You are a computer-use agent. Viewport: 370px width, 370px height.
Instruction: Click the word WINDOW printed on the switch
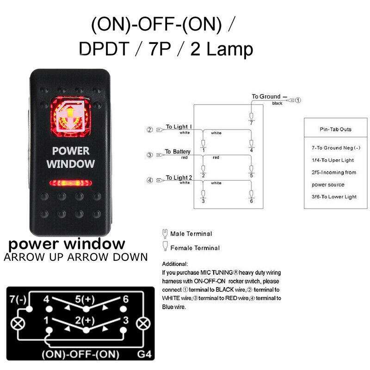tap(70, 163)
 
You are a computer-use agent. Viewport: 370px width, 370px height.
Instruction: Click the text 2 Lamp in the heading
tap(222, 49)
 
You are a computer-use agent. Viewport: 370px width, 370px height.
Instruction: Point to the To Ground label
tap(266, 97)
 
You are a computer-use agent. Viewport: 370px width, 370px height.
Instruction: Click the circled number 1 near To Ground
tap(298, 100)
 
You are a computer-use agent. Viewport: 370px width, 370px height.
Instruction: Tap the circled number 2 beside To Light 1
tap(149, 130)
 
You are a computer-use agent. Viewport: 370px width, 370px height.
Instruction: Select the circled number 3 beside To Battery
tap(149, 155)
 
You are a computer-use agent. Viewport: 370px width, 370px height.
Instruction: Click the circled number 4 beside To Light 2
tap(149, 180)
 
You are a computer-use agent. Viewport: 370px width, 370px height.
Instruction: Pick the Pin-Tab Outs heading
tap(336, 129)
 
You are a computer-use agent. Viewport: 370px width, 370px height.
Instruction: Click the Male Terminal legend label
tap(191, 234)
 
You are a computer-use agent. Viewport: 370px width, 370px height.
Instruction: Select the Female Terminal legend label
tap(195, 248)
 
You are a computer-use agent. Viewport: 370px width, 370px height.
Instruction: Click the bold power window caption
tap(67, 243)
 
